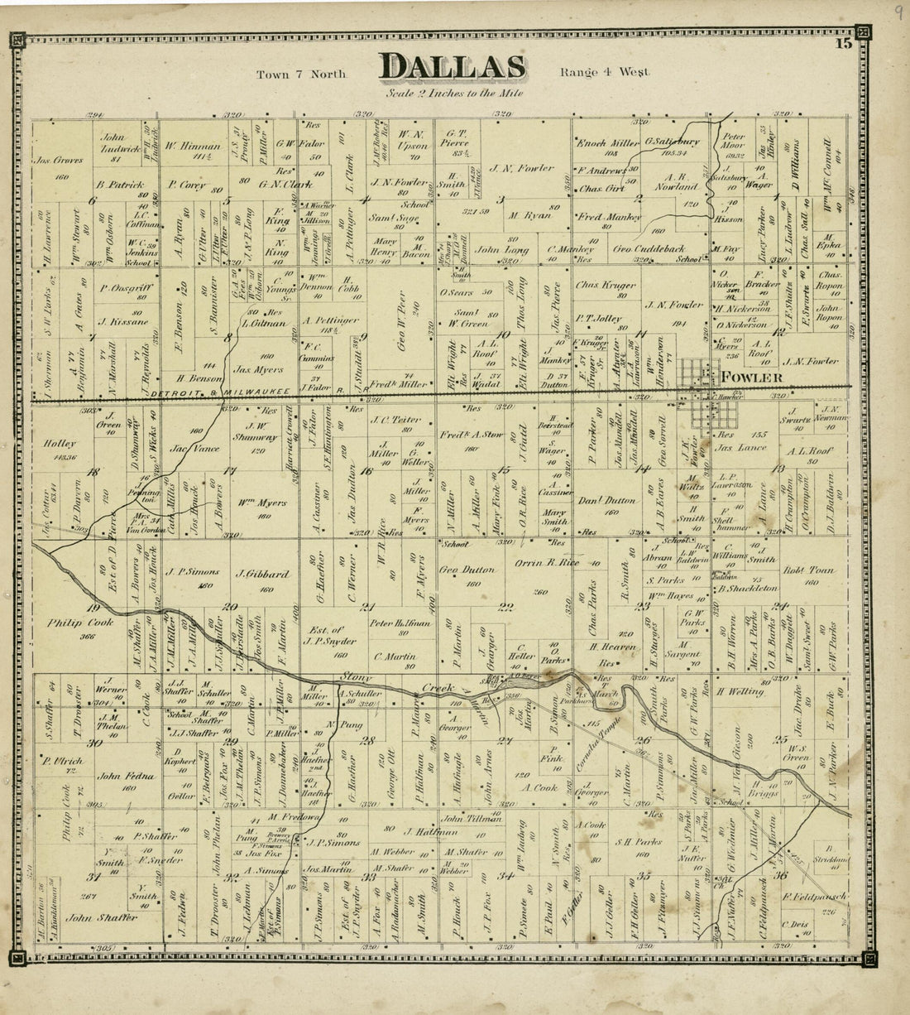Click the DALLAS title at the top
tap(452, 68)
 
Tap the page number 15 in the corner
tap(843, 45)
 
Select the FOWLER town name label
tap(751, 378)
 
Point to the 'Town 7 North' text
tap(300, 74)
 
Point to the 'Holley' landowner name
tap(61, 444)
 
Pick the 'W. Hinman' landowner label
tap(190, 149)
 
